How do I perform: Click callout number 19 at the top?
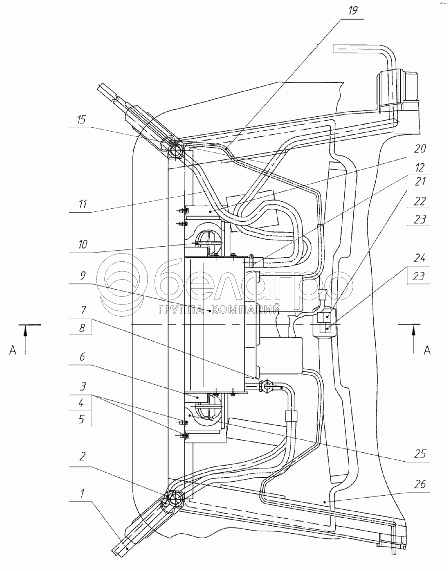click(x=353, y=11)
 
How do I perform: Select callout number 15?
click(x=82, y=120)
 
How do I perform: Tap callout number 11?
click(x=83, y=204)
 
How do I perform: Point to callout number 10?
click(x=83, y=245)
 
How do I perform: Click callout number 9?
click(x=83, y=276)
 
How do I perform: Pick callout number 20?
click(x=420, y=149)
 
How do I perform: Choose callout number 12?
click(x=420, y=167)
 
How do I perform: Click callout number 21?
click(x=420, y=182)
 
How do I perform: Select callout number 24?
click(x=419, y=259)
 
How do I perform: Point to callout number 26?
click(x=420, y=484)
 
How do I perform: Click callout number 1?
click(x=82, y=493)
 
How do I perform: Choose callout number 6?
click(x=82, y=357)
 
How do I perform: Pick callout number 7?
click(x=83, y=310)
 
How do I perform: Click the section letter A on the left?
click(x=13, y=350)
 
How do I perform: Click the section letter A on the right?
click(x=427, y=350)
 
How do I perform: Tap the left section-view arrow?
click(x=26, y=339)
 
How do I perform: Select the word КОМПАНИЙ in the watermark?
click(x=245, y=310)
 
